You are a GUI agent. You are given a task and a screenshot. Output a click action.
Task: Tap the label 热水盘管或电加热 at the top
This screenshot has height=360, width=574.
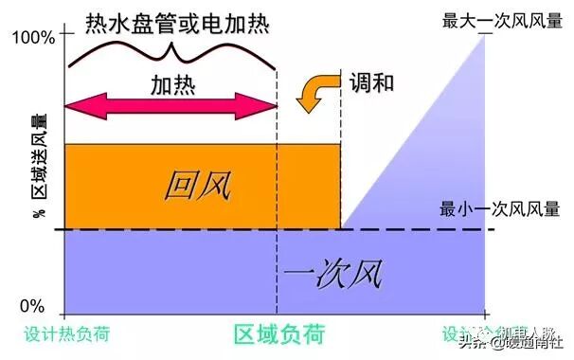(x=171, y=20)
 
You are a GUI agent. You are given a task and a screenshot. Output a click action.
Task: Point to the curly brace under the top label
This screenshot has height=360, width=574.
(x=171, y=53)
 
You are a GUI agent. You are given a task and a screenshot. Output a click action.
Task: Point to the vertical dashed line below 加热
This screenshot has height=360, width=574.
(x=278, y=275)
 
